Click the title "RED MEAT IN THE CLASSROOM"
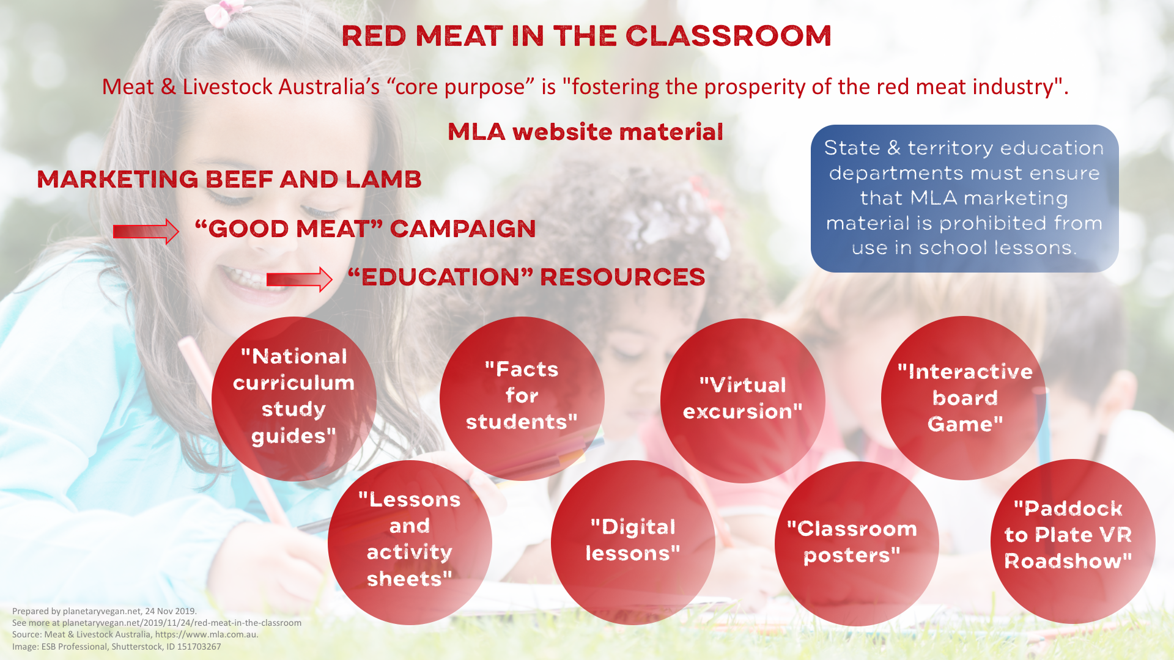click(x=586, y=36)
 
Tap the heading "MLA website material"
click(x=585, y=132)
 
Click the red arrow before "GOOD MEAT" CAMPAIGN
click(x=146, y=231)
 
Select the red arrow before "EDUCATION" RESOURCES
click(x=299, y=279)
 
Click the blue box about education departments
click(x=964, y=199)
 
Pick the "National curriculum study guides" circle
click(x=294, y=398)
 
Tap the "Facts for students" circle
click(x=522, y=398)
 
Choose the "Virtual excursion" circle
click(x=743, y=400)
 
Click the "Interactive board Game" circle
click(x=964, y=398)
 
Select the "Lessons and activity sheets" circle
click(x=410, y=543)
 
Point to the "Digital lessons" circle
click(x=633, y=543)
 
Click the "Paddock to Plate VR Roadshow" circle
click(x=1072, y=541)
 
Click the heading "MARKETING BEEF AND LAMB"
click(x=229, y=180)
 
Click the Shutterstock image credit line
click(x=117, y=647)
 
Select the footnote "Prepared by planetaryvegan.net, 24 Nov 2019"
click(x=105, y=611)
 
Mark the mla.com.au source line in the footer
click(x=135, y=634)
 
